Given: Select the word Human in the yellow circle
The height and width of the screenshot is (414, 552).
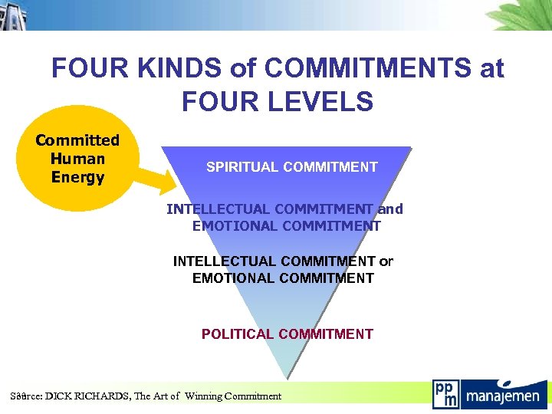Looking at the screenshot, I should (77, 159).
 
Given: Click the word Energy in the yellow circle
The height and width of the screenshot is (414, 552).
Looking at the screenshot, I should (77, 177).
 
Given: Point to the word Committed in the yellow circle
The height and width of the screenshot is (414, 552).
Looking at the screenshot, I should (77, 140).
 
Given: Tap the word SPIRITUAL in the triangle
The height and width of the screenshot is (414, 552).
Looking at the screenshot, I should (240, 167).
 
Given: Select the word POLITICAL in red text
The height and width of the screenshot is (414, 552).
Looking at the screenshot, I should (238, 333).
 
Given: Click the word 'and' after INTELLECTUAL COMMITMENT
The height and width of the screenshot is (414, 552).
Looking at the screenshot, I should (389, 209).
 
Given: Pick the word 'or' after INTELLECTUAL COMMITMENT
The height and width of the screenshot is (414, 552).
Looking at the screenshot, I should (386, 261).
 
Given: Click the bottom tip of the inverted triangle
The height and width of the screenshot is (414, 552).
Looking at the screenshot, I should (287, 376).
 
